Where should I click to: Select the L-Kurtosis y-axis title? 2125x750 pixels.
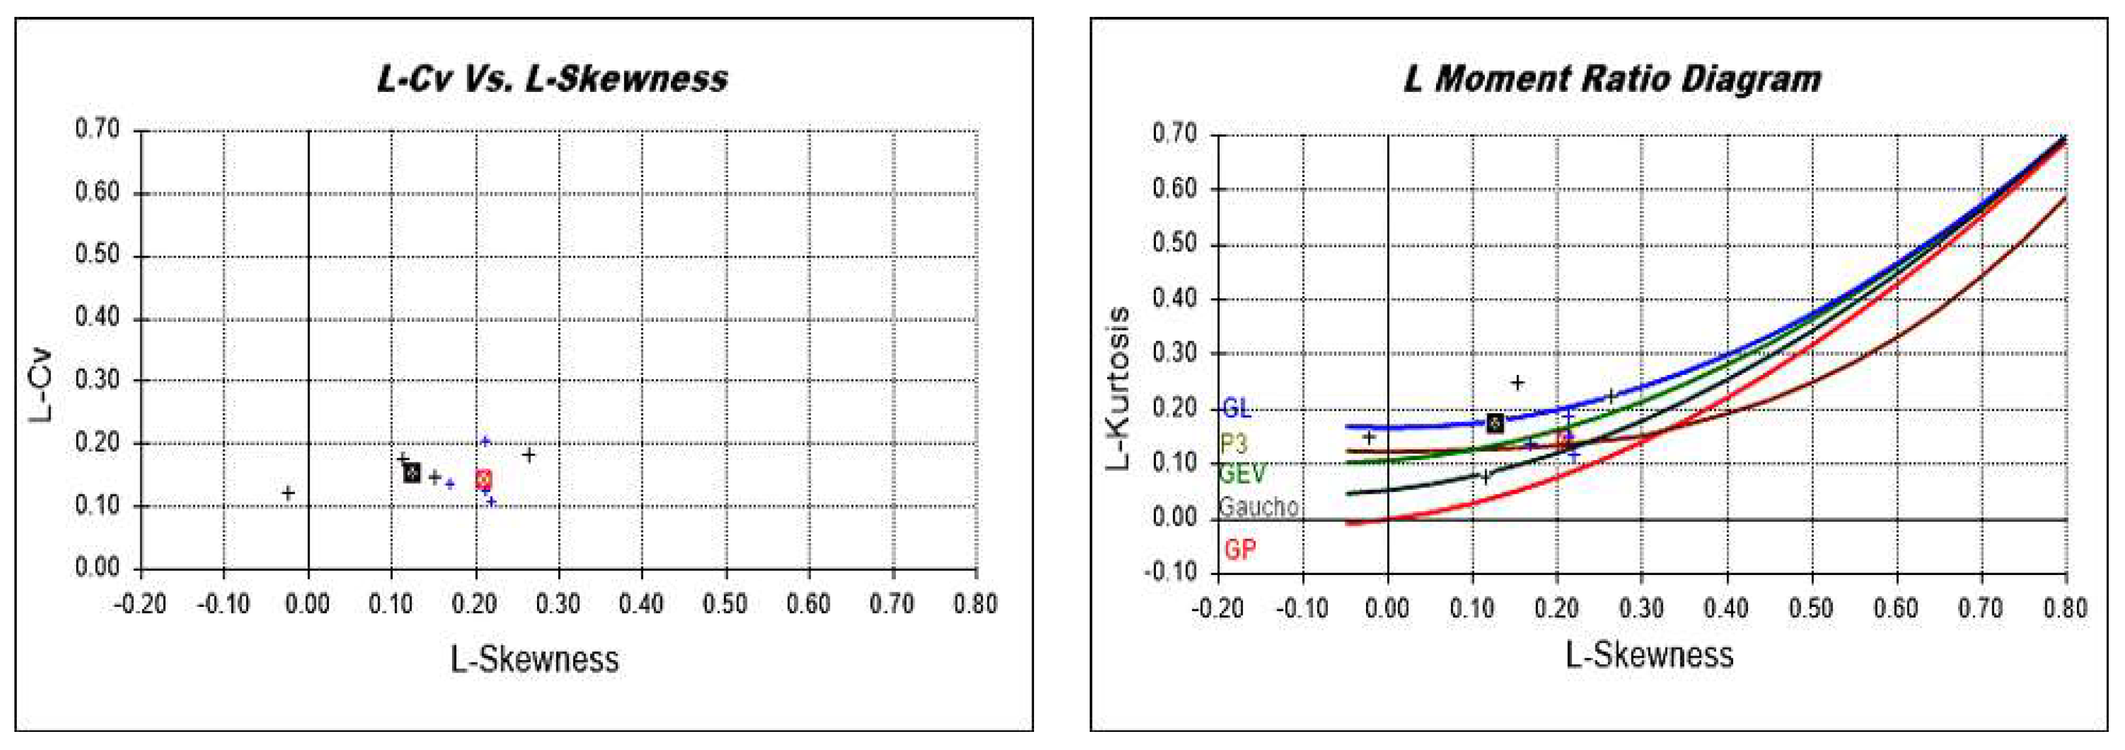pyautogui.click(x=1118, y=387)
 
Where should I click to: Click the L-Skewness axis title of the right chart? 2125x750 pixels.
pyautogui.click(x=1650, y=654)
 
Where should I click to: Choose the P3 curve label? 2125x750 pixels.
pyautogui.click(x=1233, y=444)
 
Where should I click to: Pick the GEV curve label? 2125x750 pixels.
pyautogui.click(x=1242, y=474)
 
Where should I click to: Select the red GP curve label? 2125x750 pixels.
pyautogui.click(x=1240, y=549)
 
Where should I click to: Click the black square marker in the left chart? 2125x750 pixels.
pyautogui.click(x=411, y=472)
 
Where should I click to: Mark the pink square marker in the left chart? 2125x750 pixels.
pyautogui.click(x=483, y=479)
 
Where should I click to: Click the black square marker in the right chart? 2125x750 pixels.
pyautogui.click(x=1495, y=423)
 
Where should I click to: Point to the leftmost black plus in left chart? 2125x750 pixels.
pyautogui.click(x=288, y=492)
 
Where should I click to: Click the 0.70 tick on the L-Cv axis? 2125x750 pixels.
pyautogui.click(x=98, y=129)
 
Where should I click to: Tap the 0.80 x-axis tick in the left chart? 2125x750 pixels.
pyautogui.click(x=975, y=604)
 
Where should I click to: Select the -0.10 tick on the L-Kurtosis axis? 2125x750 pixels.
pyautogui.click(x=1170, y=572)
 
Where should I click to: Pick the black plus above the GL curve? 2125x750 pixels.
pyautogui.click(x=1517, y=382)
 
